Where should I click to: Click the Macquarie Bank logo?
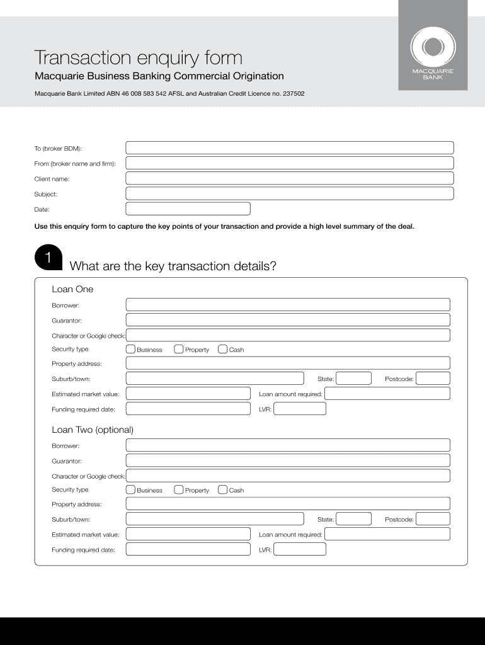[x=432, y=54]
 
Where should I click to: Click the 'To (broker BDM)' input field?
[x=289, y=148]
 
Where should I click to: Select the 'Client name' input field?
[x=289, y=179]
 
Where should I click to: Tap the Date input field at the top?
[x=188, y=209]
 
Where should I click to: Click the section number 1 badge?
[x=47, y=258]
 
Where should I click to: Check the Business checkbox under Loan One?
[x=130, y=349]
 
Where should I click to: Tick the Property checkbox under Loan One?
[x=179, y=349]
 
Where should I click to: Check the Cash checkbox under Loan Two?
[x=222, y=489]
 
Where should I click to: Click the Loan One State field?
[x=353, y=379]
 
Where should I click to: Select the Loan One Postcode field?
[x=433, y=379]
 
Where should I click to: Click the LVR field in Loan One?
[x=300, y=409]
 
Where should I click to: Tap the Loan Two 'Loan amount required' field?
[x=387, y=534]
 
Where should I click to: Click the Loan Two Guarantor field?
[x=288, y=461]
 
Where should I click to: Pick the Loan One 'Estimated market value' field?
[x=188, y=394]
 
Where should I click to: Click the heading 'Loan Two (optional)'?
[x=93, y=430]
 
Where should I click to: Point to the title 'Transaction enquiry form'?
[x=138, y=58]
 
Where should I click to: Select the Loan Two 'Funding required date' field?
[x=188, y=549]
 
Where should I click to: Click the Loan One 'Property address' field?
[x=288, y=363]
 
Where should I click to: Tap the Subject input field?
[x=289, y=194]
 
